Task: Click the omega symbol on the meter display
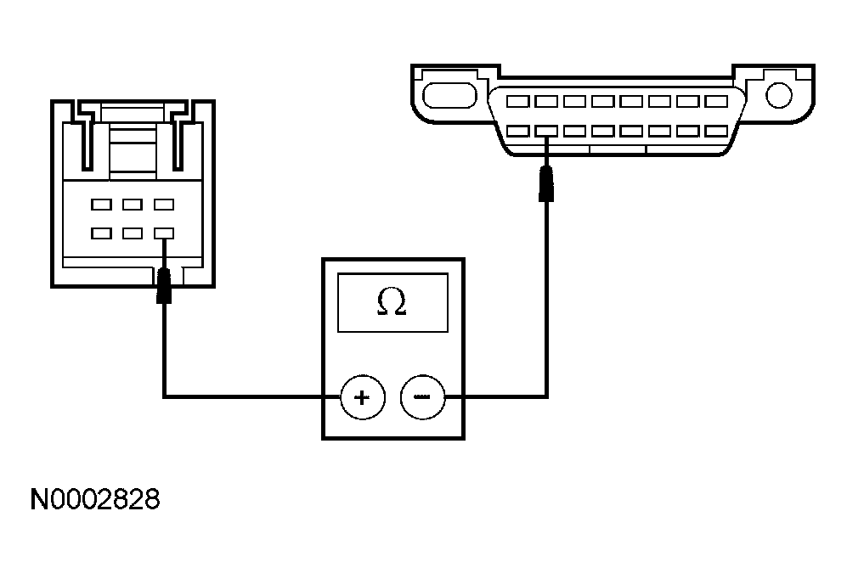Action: pos(392,303)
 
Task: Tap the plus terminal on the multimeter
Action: pos(363,397)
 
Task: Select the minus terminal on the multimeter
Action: pos(422,397)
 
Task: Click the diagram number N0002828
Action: pos(95,499)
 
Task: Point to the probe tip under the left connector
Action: pos(163,285)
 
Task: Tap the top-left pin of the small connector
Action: pos(102,205)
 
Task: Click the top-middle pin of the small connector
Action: pos(133,205)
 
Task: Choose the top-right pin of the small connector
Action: pos(163,205)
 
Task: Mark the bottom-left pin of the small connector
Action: pos(102,232)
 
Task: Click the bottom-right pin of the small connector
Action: pos(163,232)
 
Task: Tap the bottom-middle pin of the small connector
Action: pos(133,232)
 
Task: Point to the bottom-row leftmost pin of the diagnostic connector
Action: pos(517,131)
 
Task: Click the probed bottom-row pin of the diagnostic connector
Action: pos(546,131)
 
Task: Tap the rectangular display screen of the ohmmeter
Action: pos(392,302)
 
